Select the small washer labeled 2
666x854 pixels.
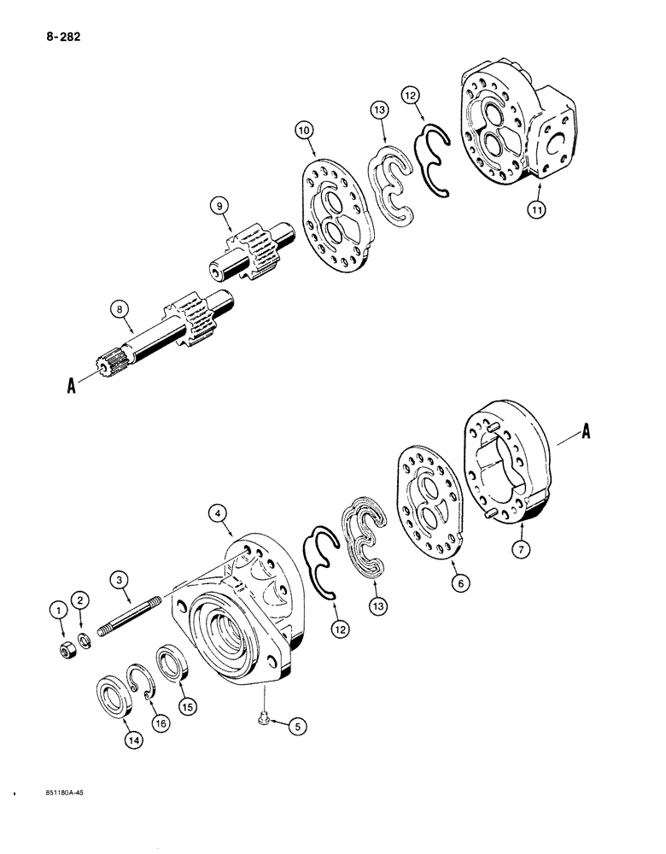84,640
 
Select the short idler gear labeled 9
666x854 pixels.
252,255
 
